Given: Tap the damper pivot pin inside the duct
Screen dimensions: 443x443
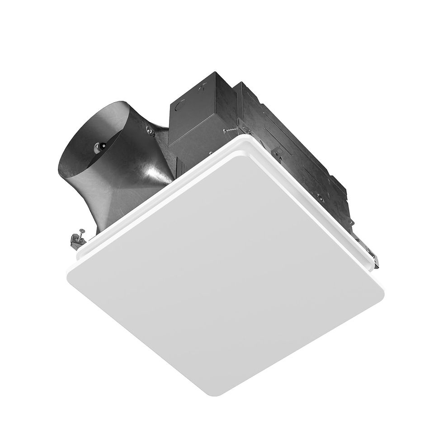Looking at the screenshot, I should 100,146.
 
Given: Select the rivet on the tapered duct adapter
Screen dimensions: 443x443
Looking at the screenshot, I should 149,131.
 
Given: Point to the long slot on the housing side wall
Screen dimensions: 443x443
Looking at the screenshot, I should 289,131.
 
